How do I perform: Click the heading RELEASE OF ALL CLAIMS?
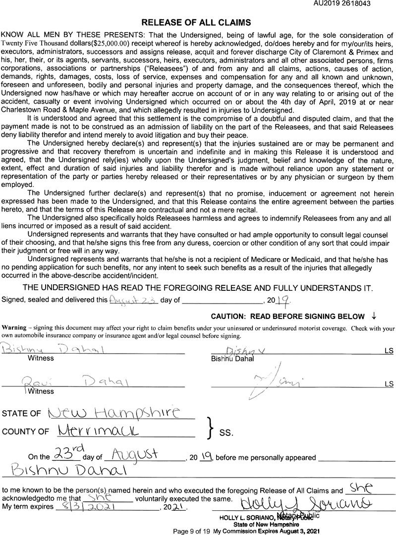tap(196, 22)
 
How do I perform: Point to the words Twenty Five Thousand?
tap(28, 44)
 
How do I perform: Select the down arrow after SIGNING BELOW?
tap(374, 316)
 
